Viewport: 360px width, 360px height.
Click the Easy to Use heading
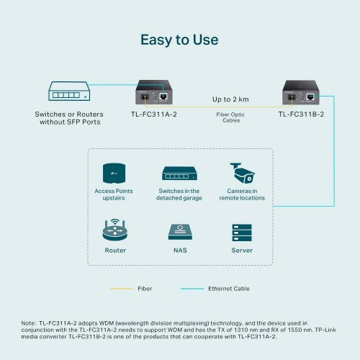coord(179,40)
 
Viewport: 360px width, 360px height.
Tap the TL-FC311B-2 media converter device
coord(302,93)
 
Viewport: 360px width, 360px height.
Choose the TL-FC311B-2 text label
coord(301,114)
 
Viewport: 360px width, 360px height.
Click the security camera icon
coord(241,172)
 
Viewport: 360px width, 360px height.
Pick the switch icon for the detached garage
coord(179,174)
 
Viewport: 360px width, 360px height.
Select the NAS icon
coord(179,233)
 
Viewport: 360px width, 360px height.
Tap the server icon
coord(241,233)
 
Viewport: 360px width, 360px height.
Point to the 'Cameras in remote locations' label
coord(242,194)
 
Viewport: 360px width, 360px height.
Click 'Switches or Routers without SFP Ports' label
coord(70,118)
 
